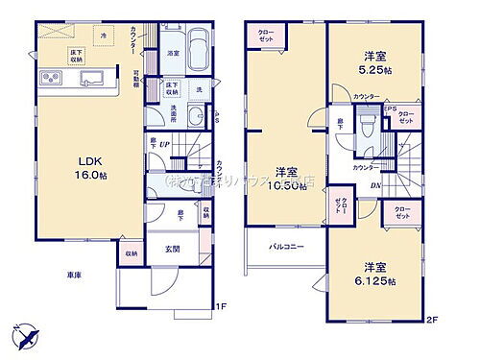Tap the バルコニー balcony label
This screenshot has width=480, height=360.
point(285,247)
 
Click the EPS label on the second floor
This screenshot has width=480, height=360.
point(391,108)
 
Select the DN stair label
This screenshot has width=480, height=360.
point(377,185)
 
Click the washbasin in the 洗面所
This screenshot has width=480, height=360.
point(194,116)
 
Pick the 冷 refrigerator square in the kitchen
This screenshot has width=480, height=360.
point(106,35)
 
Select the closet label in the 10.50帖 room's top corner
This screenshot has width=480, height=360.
point(266,36)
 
